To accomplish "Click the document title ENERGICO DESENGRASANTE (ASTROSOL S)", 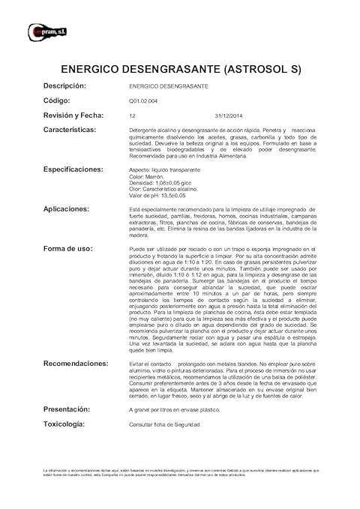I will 180,70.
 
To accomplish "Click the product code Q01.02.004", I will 144,101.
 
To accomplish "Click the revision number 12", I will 132,116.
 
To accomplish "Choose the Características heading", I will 79,130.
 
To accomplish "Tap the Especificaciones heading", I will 83,169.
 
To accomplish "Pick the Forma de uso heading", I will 68,247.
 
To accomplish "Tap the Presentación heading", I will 73,409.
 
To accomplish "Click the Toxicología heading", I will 70,424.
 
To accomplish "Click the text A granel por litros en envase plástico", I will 177,410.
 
